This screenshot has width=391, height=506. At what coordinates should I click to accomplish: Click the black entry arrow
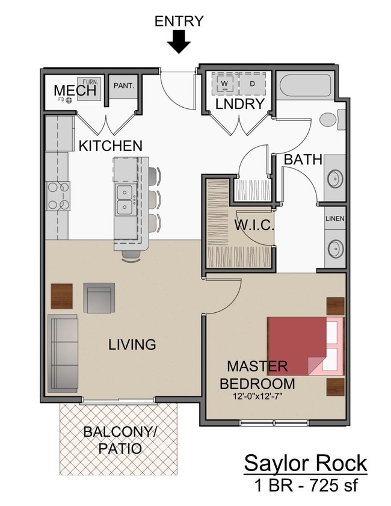179,42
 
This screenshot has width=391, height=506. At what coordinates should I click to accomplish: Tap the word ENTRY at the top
179,22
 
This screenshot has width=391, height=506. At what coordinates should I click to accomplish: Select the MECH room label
75,91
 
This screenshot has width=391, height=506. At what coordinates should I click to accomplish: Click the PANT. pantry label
123,86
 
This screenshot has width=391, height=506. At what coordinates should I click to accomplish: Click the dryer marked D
252,83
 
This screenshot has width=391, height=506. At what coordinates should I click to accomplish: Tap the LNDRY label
240,103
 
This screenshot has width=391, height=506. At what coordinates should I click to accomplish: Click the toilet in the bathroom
330,119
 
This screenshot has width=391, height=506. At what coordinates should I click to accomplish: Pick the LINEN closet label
334,218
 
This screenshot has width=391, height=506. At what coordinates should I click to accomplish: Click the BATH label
303,160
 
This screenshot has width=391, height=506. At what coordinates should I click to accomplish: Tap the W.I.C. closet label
254,226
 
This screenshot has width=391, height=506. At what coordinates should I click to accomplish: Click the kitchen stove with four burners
58,196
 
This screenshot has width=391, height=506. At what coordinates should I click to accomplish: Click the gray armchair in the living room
99,297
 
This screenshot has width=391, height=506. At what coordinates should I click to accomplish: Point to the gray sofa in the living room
63,353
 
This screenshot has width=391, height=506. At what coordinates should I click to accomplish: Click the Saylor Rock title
305,464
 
